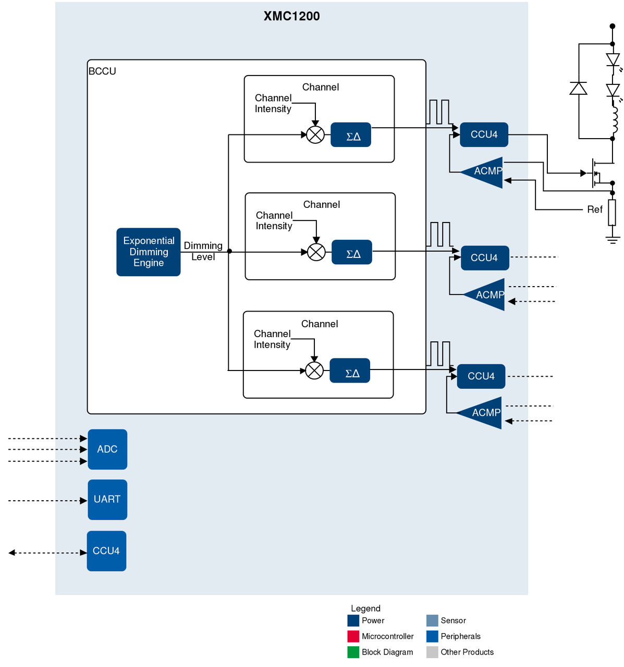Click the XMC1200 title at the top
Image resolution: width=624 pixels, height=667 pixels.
click(291, 16)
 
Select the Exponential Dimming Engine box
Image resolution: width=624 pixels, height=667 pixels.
click(149, 252)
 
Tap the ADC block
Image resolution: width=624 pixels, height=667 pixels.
click(107, 449)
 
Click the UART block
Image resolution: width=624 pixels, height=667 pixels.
click(107, 499)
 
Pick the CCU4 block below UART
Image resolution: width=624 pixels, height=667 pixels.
click(106, 551)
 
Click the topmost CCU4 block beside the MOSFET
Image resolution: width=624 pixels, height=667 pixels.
click(484, 134)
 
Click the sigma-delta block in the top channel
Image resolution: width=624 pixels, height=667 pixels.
click(351, 135)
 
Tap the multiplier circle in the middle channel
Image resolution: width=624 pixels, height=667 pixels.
click(316, 252)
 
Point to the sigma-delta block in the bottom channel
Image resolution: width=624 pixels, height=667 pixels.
click(350, 370)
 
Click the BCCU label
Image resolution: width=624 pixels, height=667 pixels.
click(102, 71)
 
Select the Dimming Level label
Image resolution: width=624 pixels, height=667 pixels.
click(203, 251)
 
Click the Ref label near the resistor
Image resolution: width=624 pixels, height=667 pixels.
click(594, 209)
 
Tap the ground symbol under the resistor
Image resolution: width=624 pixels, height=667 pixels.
click(613, 240)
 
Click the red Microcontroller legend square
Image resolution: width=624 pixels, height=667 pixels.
click(353, 636)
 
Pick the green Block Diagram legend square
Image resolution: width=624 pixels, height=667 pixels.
click(353, 652)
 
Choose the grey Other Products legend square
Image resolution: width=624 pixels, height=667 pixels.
click(432, 652)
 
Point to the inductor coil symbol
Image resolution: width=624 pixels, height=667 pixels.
click(615, 120)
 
